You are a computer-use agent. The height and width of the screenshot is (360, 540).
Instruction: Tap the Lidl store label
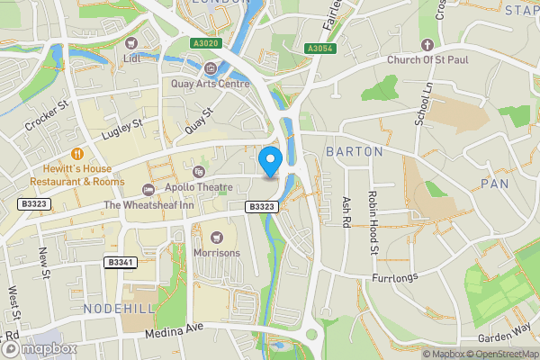133,59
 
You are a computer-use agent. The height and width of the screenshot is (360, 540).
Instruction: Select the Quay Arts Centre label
210,84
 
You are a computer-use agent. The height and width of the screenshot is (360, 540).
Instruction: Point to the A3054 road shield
319,49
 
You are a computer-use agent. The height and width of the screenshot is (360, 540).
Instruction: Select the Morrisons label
216,253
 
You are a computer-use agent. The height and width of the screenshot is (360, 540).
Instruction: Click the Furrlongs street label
395,278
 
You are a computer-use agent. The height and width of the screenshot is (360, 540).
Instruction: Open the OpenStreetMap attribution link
500,354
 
